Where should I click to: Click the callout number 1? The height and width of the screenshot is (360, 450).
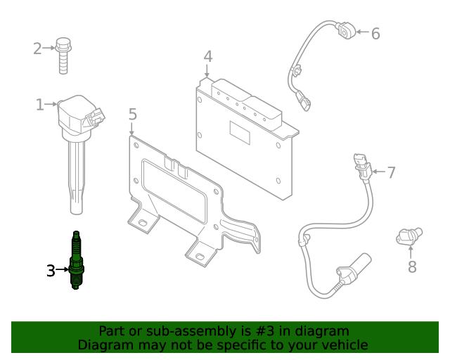[x=40, y=105]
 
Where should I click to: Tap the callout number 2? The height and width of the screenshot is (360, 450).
[x=37, y=49]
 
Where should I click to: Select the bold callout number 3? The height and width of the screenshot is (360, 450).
[x=51, y=270]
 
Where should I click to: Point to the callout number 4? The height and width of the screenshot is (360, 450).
[x=207, y=56]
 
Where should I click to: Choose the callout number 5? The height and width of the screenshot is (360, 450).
[x=132, y=114]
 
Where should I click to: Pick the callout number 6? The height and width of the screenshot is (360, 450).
[x=375, y=33]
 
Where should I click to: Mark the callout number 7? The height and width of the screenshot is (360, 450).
[x=391, y=172]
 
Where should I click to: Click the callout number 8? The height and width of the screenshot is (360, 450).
[x=412, y=266]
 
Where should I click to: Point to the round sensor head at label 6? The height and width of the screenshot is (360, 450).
[x=345, y=31]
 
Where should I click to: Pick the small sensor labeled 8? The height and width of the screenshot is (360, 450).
[x=409, y=237]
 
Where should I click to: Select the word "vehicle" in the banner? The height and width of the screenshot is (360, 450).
[x=343, y=345]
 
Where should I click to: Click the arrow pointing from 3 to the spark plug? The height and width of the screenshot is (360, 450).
[x=62, y=269]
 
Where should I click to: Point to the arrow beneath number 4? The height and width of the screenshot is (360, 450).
[x=207, y=70]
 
